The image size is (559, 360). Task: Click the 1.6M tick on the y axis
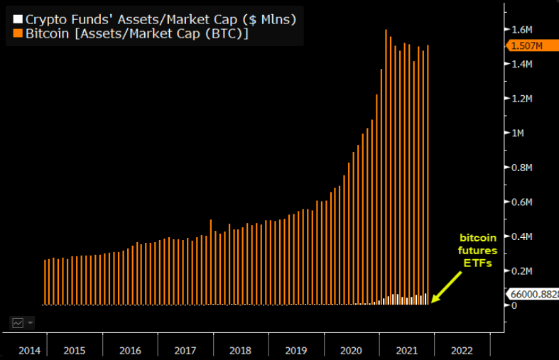[x=522, y=30]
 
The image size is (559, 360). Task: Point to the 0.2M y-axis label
[x=522, y=271]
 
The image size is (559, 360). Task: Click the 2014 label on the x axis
[x=29, y=350]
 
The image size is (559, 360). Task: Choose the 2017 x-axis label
[x=185, y=350]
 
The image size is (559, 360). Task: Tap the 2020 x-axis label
[x=351, y=350]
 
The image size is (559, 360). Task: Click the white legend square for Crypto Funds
[x=17, y=19]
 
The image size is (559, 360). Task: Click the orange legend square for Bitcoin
[x=17, y=33]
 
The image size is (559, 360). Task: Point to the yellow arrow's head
[x=434, y=300]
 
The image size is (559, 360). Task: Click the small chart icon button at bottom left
[x=18, y=322]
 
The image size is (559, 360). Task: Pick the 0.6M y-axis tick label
[x=522, y=202]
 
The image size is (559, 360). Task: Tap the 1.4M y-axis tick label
[x=522, y=64]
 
